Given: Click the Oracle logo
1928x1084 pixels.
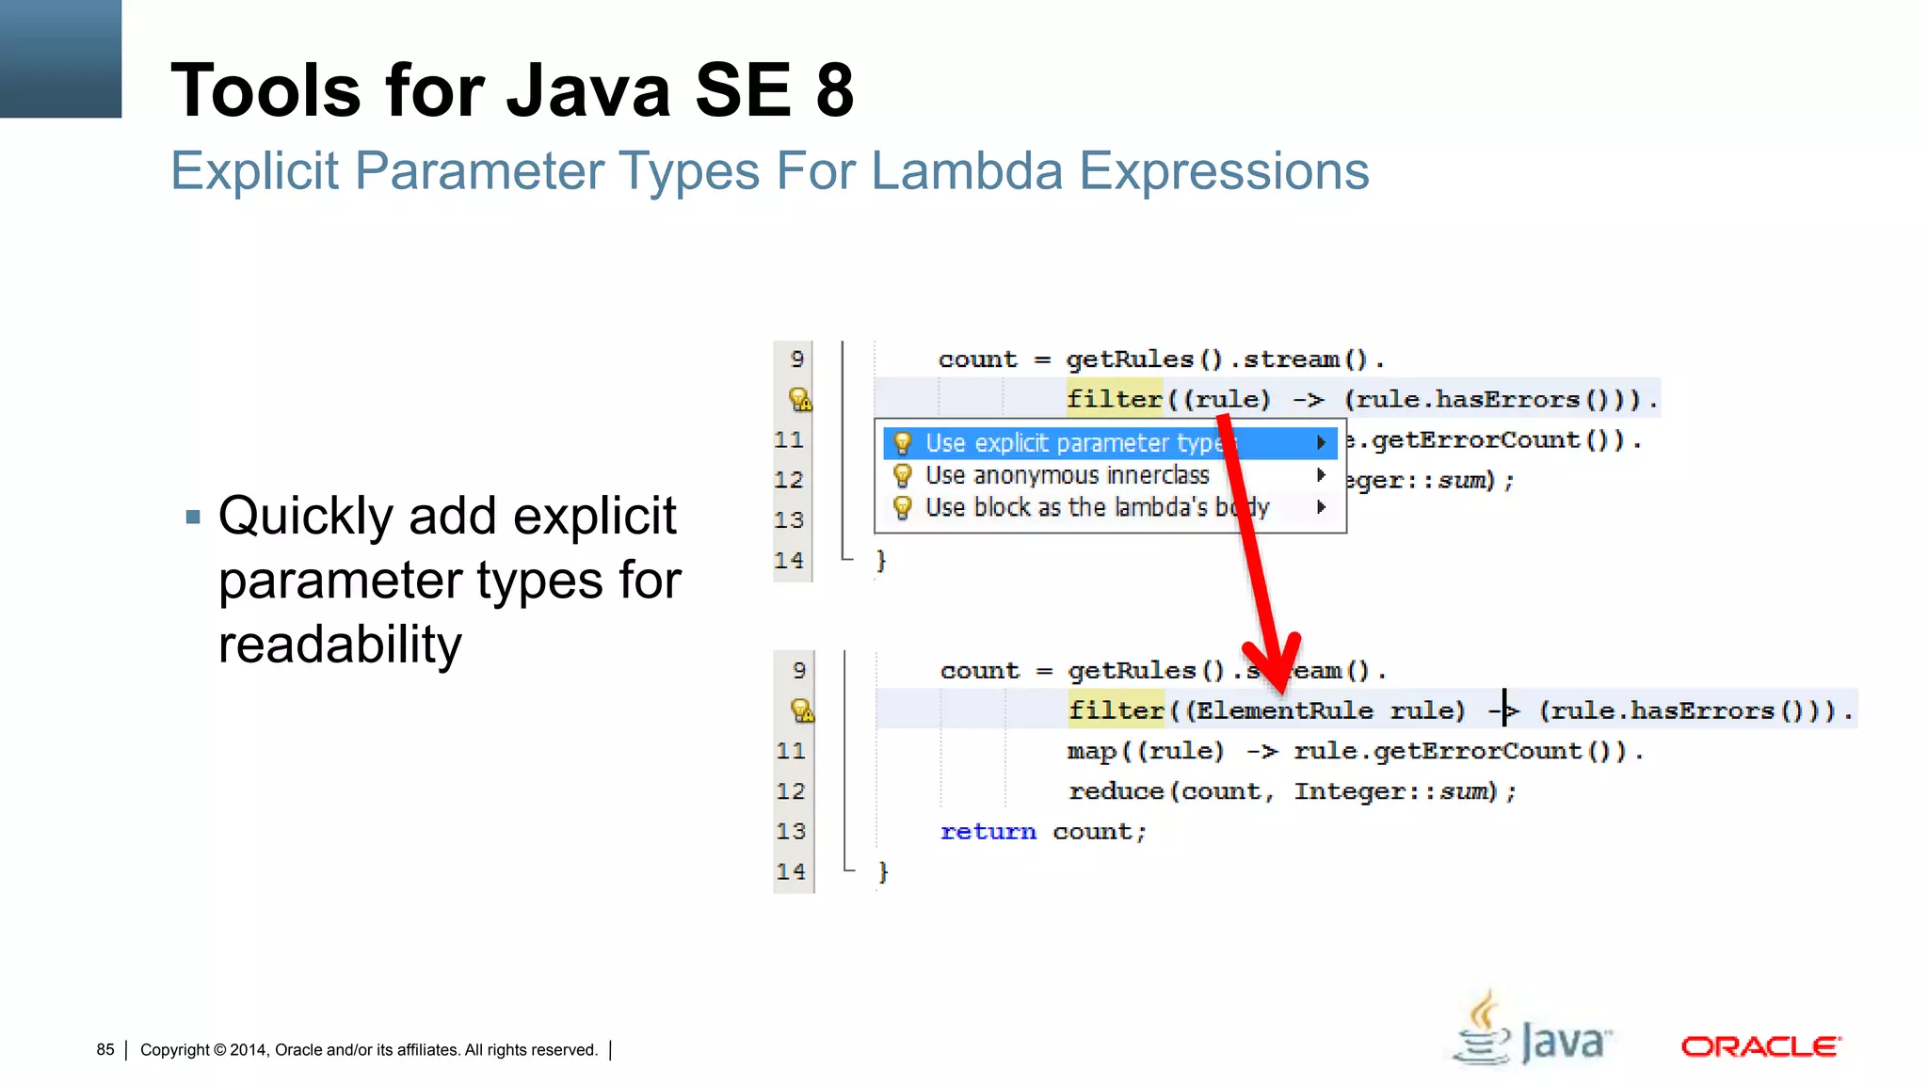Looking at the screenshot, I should tap(1760, 1046).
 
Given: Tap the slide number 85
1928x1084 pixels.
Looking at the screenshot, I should tap(105, 1049).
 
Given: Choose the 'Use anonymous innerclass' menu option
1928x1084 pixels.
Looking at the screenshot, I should tap(1067, 475).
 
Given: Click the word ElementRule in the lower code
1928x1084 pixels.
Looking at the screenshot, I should tap(1284, 710).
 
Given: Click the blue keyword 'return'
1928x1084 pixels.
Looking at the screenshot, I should tap(988, 832).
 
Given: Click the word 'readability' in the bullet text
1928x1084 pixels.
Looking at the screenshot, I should tap(340, 645).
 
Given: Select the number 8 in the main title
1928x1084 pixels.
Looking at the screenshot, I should tap(835, 90).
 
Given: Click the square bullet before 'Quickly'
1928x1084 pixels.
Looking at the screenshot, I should tap(193, 517).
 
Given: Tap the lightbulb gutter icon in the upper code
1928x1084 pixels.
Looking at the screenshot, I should tap(800, 400).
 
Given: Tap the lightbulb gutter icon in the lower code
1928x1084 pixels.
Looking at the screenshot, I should tap(802, 710).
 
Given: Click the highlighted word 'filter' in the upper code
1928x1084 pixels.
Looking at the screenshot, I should tap(1114, 399).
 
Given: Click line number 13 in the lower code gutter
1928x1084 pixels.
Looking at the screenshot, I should tap(791, 832).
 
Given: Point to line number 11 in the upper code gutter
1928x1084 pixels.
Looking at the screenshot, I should tap(789, 440).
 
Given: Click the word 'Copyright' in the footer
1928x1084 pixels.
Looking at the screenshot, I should tap(175, 1049).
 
